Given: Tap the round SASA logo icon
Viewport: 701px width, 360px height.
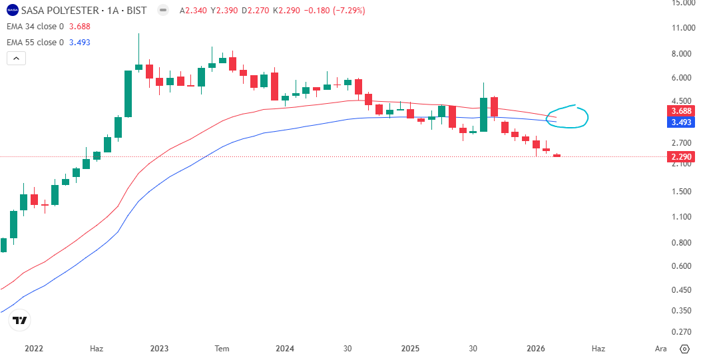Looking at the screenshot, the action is tap(13, 10).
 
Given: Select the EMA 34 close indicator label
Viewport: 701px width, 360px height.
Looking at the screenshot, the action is tap(35, 27).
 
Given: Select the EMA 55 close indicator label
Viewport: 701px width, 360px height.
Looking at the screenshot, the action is tap(35, 43).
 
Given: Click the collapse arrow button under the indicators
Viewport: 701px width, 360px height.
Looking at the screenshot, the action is tap(16, 58).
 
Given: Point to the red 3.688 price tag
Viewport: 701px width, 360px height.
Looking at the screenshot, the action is tap(681, 111).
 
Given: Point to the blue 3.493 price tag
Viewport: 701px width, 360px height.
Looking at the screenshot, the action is tap(681, 122).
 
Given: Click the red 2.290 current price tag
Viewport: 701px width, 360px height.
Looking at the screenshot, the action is tap(681, 157).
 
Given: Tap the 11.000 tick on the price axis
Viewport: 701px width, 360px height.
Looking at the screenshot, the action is tap(683, 28).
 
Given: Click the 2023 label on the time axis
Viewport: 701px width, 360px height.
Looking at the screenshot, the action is tap(160, 349).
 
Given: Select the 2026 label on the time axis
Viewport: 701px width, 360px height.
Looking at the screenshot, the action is tap(536, 349).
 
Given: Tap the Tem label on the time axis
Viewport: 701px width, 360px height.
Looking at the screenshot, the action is tap(222, 349).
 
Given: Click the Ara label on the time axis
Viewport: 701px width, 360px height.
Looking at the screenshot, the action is tap(660, 349).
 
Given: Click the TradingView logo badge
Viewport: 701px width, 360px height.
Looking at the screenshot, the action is tap(20, 320).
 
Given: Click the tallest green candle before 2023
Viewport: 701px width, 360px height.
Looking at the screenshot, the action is tap(128, 94).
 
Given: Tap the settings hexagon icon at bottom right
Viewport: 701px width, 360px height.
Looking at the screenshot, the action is tap(684, 349).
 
